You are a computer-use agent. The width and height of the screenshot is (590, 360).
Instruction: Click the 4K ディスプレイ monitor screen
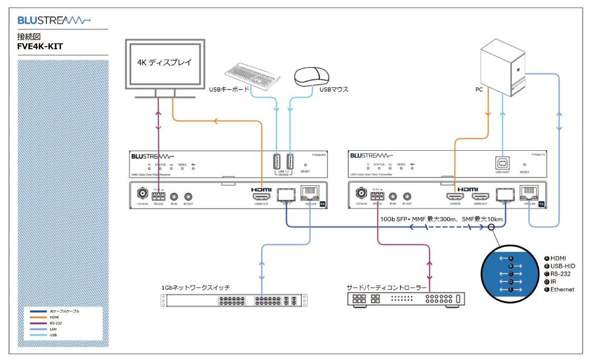tap(165, 63)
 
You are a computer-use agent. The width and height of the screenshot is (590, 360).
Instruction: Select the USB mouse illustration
tap(313, 76)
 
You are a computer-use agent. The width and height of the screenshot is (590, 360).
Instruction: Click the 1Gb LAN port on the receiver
tap(308, 193)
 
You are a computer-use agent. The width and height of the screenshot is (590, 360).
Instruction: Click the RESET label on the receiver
tap(306, 171)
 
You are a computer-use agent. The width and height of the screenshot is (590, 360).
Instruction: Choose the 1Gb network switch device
tap(233, 300)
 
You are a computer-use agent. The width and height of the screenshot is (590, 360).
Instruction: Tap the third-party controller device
tap(406, 299)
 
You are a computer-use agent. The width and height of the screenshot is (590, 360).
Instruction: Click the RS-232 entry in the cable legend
tap(56, 323)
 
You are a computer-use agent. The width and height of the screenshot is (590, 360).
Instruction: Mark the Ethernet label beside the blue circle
tap(562, 289)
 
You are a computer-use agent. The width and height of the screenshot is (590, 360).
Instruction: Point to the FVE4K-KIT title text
tap(40, 46)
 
